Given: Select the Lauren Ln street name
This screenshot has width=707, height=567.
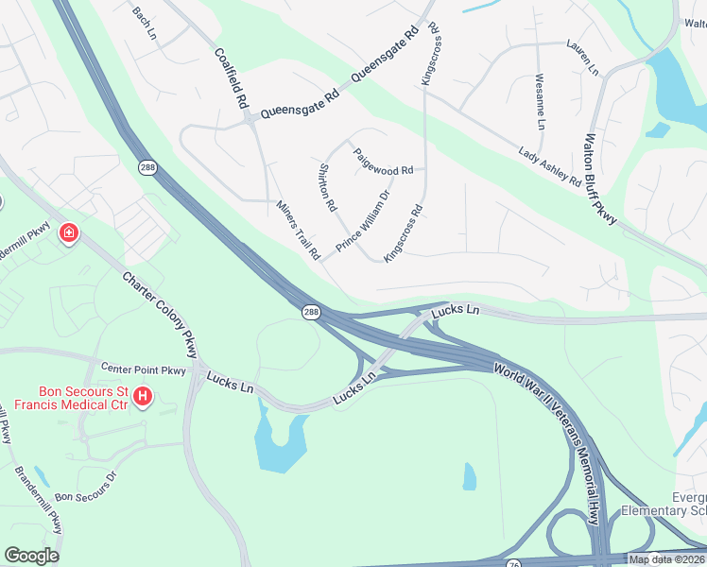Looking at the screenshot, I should [582, 57].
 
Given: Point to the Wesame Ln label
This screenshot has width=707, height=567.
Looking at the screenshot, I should [540, 102].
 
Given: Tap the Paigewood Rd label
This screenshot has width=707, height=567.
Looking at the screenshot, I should [383, 162].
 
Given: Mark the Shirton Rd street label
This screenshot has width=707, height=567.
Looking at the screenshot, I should [328, 186].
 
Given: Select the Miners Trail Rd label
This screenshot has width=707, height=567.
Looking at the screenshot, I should [299, 230].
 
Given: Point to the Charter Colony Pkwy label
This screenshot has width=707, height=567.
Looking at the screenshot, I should [161, 315].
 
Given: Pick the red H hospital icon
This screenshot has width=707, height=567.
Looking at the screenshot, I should [142, 396].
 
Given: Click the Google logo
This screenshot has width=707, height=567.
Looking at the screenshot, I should [31, 556].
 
